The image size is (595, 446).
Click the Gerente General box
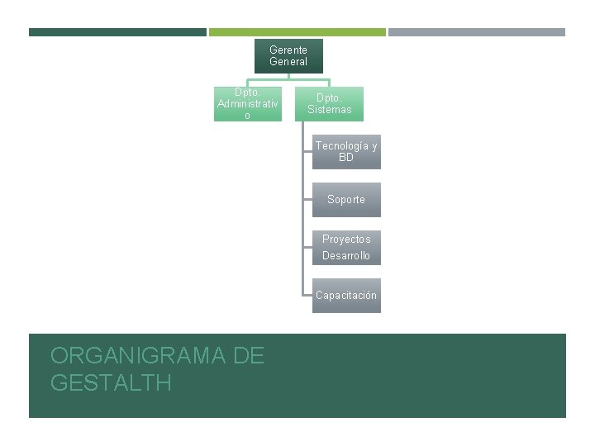coord(288,56)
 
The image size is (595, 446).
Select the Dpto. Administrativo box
coord(247,104)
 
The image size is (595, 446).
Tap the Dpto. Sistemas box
coord(329,104)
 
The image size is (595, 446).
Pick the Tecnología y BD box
coord(346,152)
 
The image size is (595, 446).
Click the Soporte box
coord(346,200)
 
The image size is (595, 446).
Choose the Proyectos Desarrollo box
coord(346,248)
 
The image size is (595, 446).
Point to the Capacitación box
coord(346,296)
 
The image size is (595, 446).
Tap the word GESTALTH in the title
coord(111,382)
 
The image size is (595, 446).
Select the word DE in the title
coord(249,356)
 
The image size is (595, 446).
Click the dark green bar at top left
coord(117,32)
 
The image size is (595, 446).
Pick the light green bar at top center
coord(297,32)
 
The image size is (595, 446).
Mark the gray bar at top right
coord(477,32)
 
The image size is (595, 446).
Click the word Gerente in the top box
coord(288,50)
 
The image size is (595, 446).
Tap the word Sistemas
coord(330,110)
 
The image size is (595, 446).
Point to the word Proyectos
coord(346,240)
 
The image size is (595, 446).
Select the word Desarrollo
coord(346,256)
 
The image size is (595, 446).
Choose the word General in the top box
coord(288,62)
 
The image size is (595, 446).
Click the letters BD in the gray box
coord(346,158)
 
